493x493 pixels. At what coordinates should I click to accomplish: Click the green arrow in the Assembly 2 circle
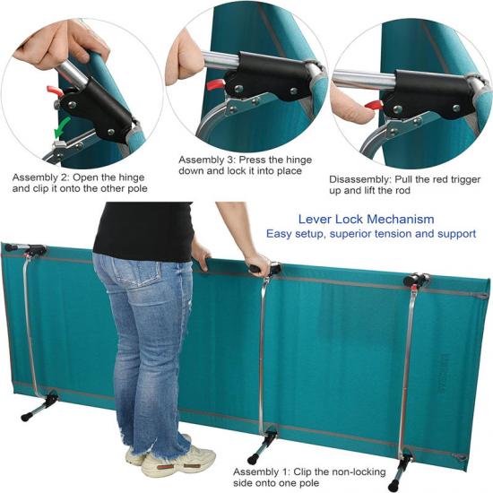pyautogui.click(x=62, y=128)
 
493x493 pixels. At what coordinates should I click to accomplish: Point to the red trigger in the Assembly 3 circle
pyautogui.click(x=216, y=83)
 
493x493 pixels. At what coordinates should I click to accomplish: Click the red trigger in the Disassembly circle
pyautogui.click(x=375, y=105)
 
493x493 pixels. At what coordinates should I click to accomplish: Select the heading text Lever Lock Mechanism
pyautogui.click(x=366, y=219)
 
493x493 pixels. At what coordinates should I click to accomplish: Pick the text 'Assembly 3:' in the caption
pyautogui.click(x=206, y=160)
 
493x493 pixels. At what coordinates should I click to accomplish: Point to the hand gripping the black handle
pyautogui.click(x=258, y=264)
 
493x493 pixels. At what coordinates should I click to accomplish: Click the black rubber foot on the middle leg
pyautogui.click(x=253, y=457)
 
